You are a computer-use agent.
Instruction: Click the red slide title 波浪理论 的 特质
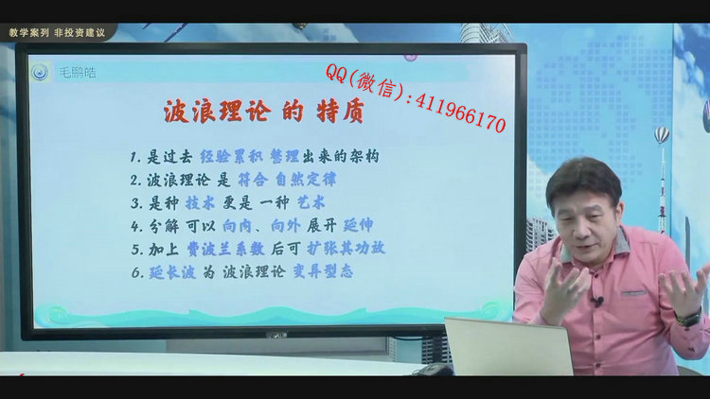coord(263,112)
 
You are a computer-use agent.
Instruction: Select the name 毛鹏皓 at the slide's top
coord(78,73)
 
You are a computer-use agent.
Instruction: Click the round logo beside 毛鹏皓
coord(41,72)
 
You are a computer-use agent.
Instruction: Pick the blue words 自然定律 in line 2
coord(306,180)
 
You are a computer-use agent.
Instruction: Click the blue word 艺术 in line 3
coord(311,202)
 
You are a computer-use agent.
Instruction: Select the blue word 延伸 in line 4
coord(358,225)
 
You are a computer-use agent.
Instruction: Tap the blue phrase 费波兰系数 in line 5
coord(225,249)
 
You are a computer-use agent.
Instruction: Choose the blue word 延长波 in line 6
coord(172,272)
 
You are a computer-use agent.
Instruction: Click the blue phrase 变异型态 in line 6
coord(323,271)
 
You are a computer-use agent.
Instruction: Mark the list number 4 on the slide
coord(135,226)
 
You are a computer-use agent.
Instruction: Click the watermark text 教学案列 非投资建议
coord(57,32)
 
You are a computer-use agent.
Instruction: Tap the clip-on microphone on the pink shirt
coord(598,300)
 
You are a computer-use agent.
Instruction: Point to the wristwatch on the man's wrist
coord(689,318)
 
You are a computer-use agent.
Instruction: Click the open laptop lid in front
coord(509,346)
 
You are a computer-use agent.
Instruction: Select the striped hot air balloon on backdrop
coord(662,134)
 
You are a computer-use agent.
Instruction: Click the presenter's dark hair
coord(584,179)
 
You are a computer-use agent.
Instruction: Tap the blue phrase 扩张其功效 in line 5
coord(346,248)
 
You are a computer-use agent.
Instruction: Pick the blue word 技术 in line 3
coord(200,203)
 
